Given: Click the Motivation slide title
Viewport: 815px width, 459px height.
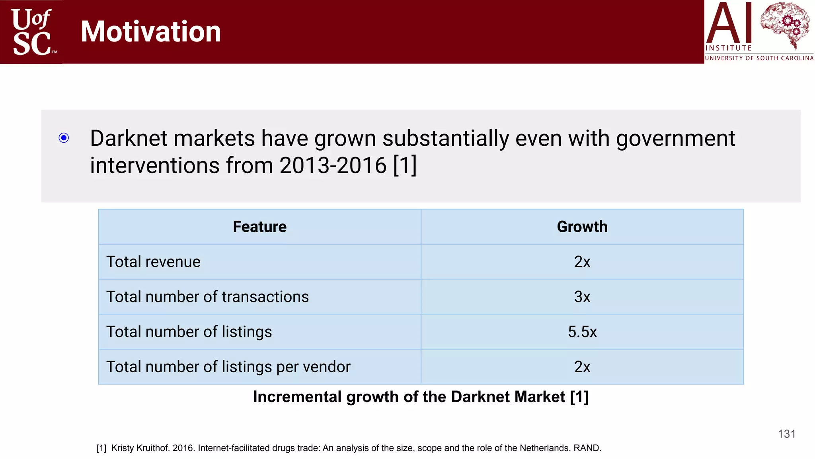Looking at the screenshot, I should [x=150, y=32].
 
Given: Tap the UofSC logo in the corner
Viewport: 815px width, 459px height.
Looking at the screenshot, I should [x=32, y=32].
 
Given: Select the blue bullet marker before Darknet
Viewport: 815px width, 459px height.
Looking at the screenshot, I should [x=64, y=138].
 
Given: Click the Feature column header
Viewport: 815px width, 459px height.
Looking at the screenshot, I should [x=259, y=227].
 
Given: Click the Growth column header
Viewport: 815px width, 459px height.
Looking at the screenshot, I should [x=582, y=227].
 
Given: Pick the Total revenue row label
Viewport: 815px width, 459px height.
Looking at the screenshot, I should [x=153, y=262].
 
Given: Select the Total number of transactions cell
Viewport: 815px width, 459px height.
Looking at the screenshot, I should [x=207, y=297].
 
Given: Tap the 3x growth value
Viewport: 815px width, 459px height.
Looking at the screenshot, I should [x=582, y=297].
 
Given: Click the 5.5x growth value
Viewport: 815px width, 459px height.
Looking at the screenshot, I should [x=582, y=332].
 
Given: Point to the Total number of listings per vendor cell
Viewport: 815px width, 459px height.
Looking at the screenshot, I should [x=228, y=367].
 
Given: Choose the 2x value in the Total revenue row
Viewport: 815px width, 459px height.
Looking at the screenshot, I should [x=582, y=262].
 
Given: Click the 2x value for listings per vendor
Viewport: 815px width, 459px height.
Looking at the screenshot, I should [x=582, y=367].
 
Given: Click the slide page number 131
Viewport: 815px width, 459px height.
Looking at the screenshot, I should [x=786, y=434].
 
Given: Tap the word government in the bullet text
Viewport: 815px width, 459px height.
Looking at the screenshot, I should [x=675, y=139].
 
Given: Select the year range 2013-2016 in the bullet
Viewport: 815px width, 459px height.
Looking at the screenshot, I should [x=333, y=165].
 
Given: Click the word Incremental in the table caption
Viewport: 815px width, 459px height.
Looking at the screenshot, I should [x=297, y=397].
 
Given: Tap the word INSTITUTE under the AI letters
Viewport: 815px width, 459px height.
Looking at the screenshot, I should [x=728, y=48].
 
